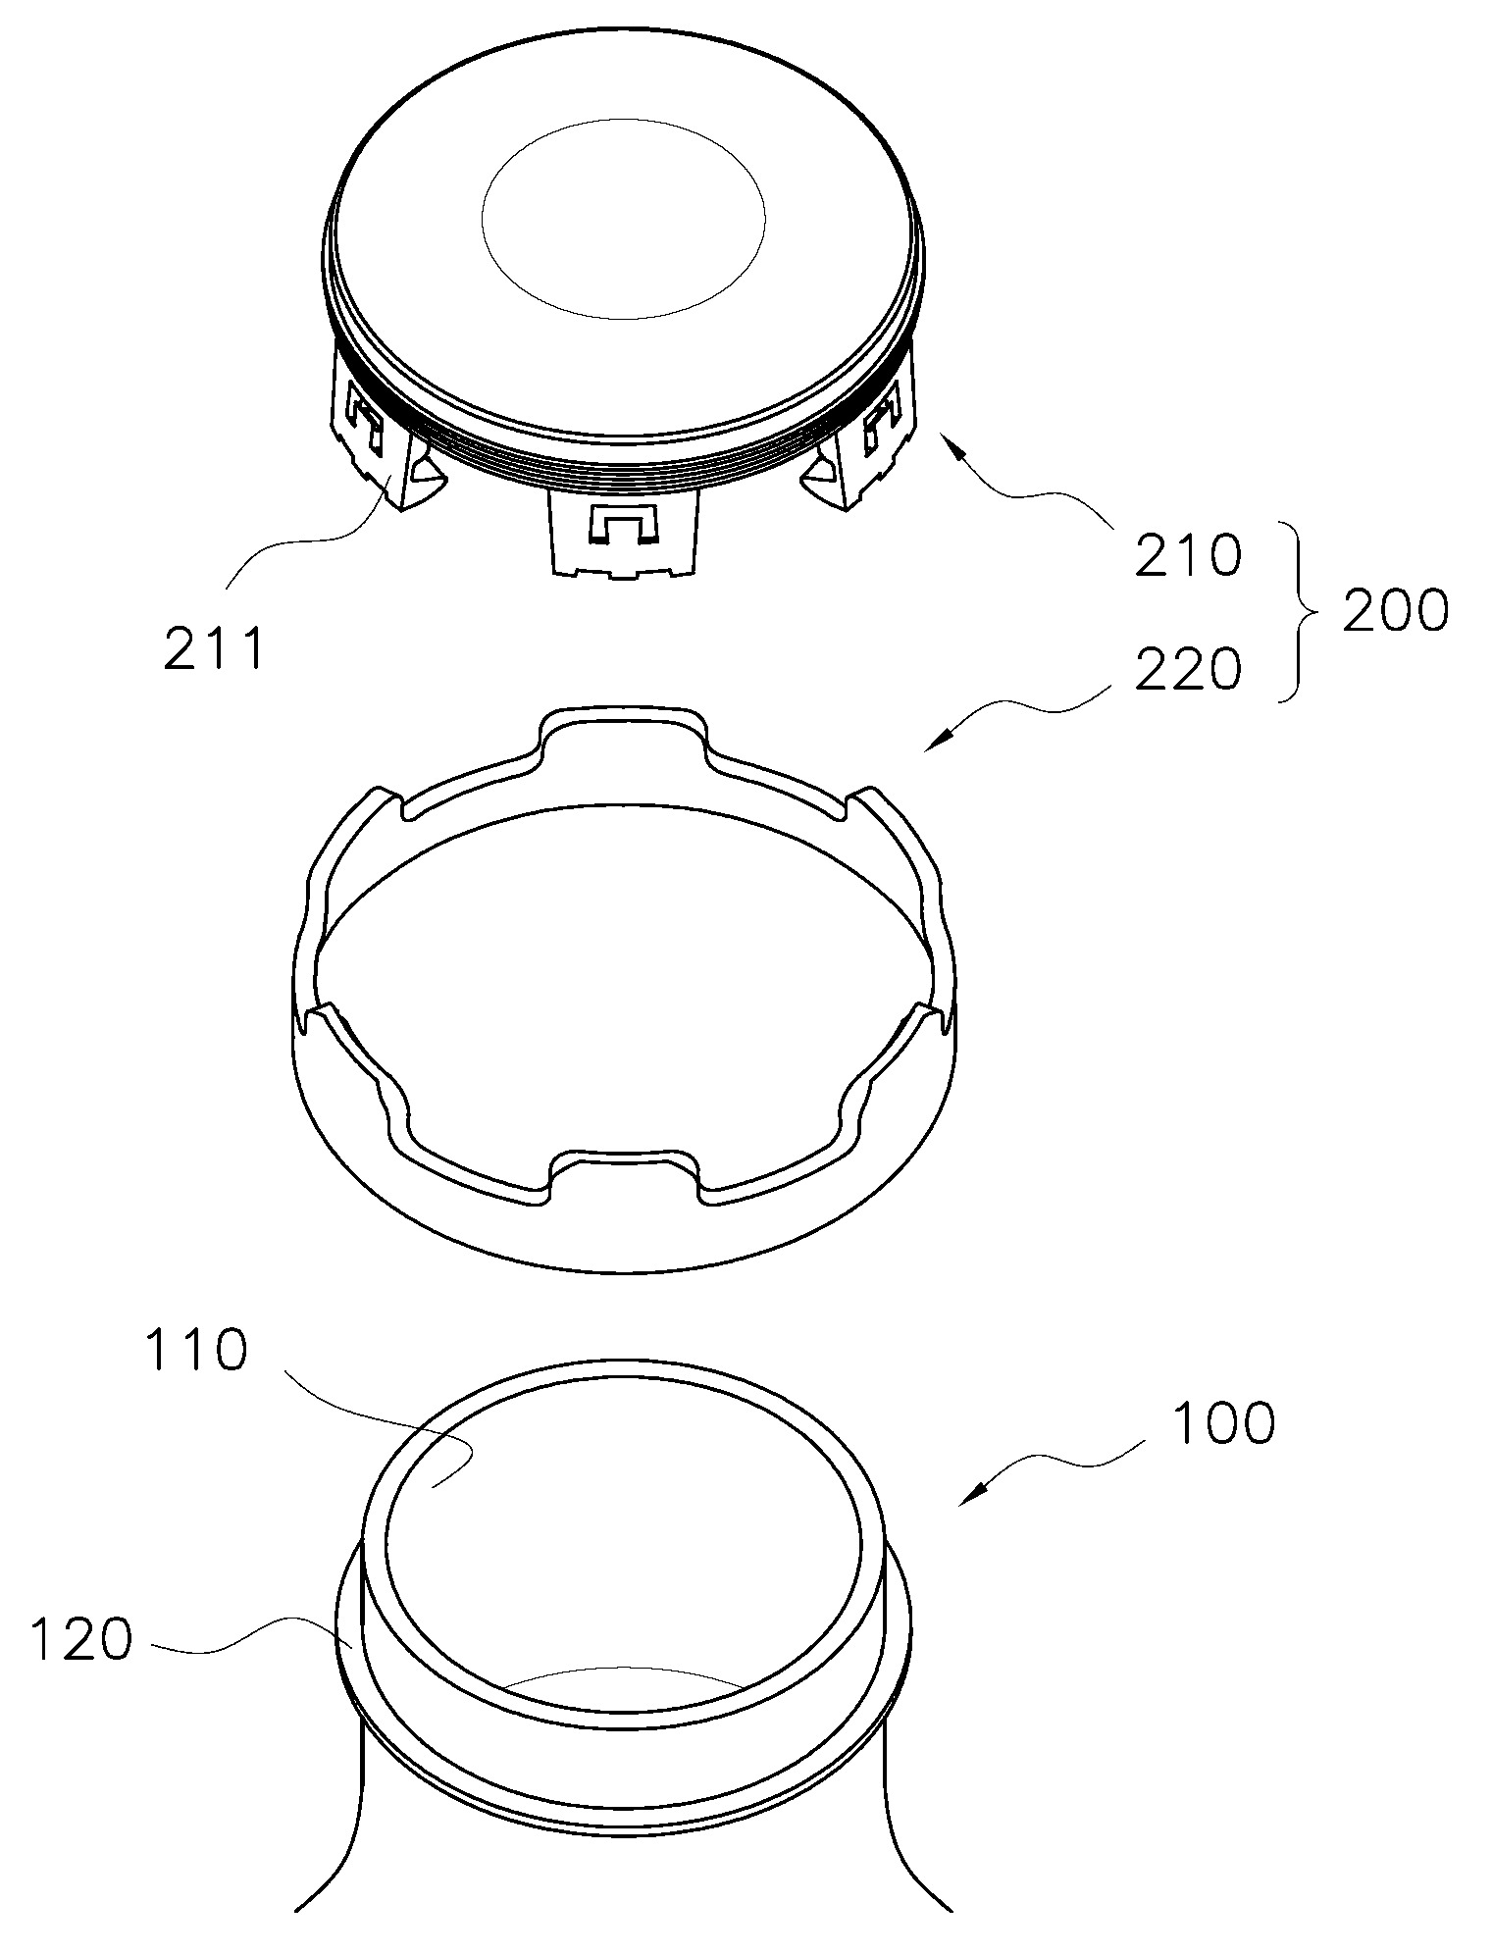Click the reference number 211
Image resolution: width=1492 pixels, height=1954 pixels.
coord(215,649)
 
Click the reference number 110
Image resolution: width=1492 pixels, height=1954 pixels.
coord(195,1351)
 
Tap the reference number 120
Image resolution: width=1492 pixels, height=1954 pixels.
coord(80,1639)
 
